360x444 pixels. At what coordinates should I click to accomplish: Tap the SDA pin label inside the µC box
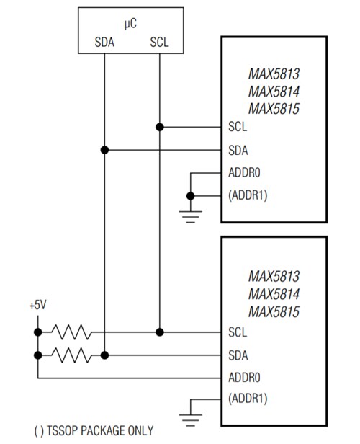pyautogui.click(x=105, y=42)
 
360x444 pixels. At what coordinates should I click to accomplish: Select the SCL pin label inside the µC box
pyautogui.click(x=159, y=42)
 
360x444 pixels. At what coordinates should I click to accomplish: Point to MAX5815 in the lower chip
pyautogui.click(x=274, y=311)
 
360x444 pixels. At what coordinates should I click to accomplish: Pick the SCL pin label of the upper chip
pyautogui.click(x=238, y=127)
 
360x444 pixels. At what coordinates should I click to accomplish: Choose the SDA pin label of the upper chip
pyautogui.click(x=238, y=150)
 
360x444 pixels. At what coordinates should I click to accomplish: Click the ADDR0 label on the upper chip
pyautogui.click(x=243, y=173)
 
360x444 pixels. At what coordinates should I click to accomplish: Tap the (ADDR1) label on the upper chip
pyautogui.click(x=248, y=196)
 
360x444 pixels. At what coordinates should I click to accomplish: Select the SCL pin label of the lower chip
pyautogui.click(x=238, y=332)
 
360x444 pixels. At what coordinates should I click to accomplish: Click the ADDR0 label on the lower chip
pyautogui.click(x=243, y=378)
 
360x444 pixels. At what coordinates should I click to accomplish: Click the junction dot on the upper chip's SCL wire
pyautogui.click(x=159, y=127)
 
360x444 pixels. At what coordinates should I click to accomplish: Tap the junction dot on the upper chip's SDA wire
pyautogui.click(x=105, y=150)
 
